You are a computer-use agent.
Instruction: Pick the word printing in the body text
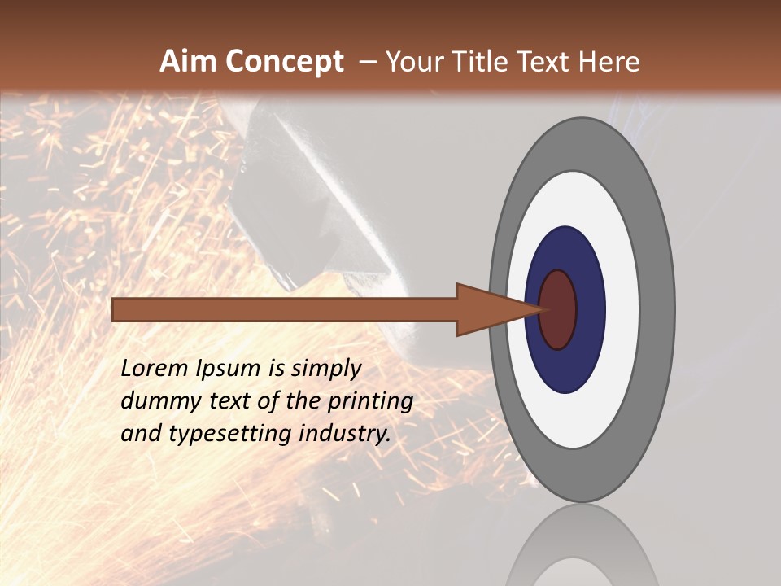coord(370,402)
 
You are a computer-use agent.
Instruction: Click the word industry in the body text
coord(345,434)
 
